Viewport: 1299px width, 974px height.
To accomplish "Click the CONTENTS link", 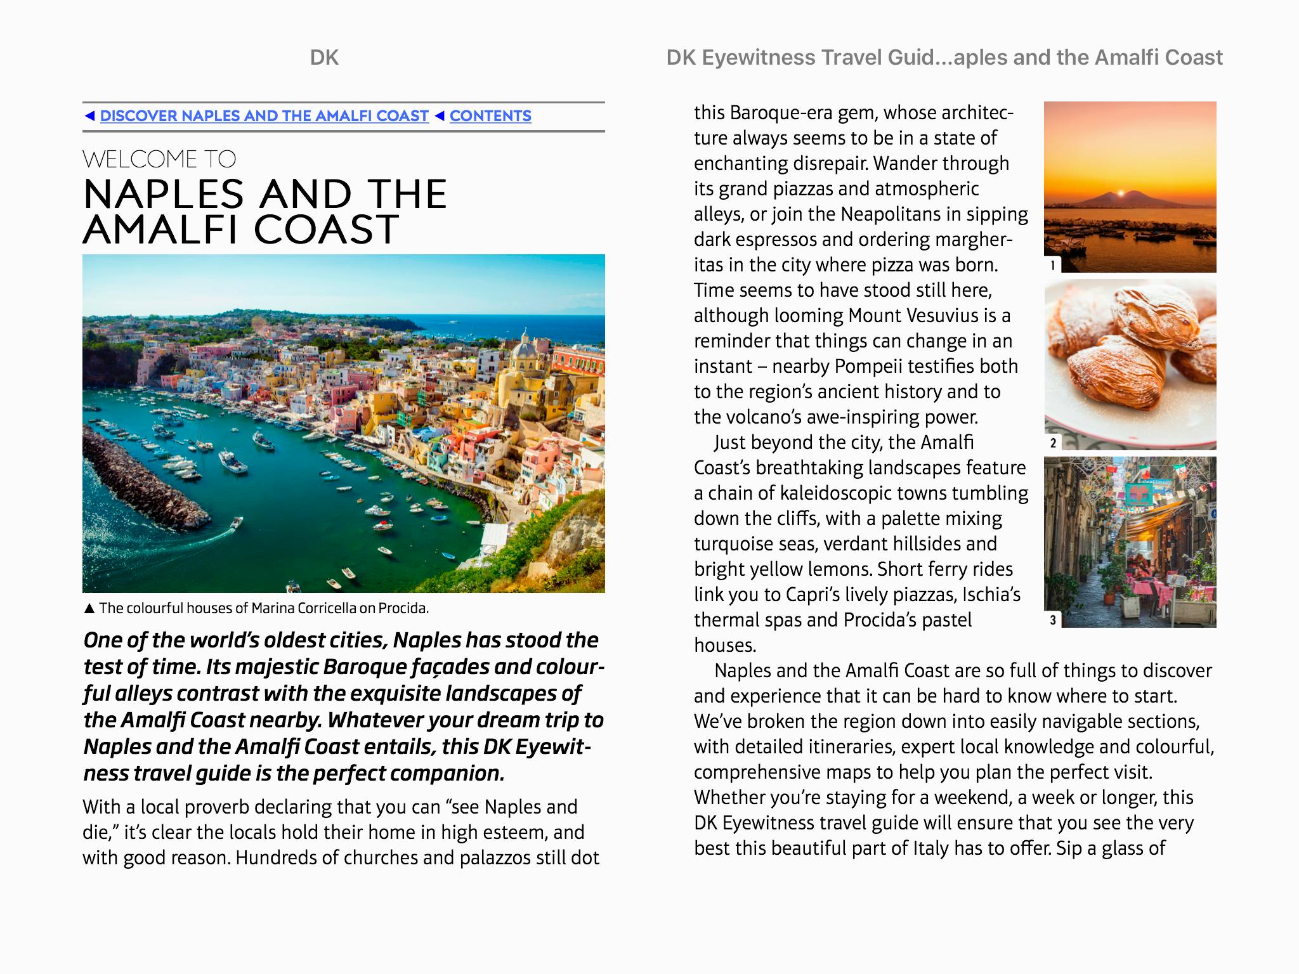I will pyautogui.click(x=490, y=116).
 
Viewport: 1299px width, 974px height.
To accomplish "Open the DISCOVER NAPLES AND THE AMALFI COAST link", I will pyautogui.click(x=264, y=116).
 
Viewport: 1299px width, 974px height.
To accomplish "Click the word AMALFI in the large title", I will pyautogui.click(x=162, y=230).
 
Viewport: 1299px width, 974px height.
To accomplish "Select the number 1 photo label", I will pyautogui.click(x=1053, y=265).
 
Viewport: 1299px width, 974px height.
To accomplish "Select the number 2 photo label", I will pyautogui.click(x=1053, y=443).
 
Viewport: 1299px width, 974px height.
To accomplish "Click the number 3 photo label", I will pyautogui.click(x=1053, y=620).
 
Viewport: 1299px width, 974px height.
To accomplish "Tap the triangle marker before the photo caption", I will pyautogui.click(x=89, y=609).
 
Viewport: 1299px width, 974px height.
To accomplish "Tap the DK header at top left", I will pyautogui.click(x=324, y=58).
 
